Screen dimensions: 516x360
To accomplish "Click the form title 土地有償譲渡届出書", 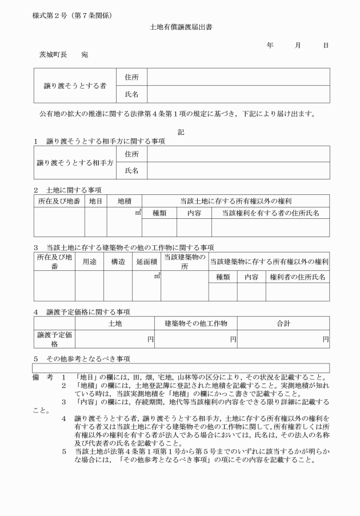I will click(x=181, y=27).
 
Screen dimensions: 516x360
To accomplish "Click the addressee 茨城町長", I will click(x=53, y=55).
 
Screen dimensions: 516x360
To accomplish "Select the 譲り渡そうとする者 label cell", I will click(x=75, y=86).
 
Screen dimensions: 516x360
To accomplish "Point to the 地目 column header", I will click(x=95, y=201).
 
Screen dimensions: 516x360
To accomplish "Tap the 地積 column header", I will click(x=124, y=201).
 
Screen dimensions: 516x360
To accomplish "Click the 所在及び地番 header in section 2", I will click(x=59, y=201).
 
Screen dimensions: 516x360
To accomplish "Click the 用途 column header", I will click(x=89, y=261).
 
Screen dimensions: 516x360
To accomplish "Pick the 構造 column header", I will click(x=118, y=261).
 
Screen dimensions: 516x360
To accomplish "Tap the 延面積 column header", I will click(x=146, y=261).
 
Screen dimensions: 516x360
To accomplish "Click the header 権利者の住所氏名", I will click(x=297, y=277).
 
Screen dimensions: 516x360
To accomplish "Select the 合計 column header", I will click(x=283, y=323).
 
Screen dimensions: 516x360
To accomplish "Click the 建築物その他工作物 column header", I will click(x=196, y=323).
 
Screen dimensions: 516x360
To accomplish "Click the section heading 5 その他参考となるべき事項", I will click(x=81, y=359).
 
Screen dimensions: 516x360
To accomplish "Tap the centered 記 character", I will click(x=181, y=132).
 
